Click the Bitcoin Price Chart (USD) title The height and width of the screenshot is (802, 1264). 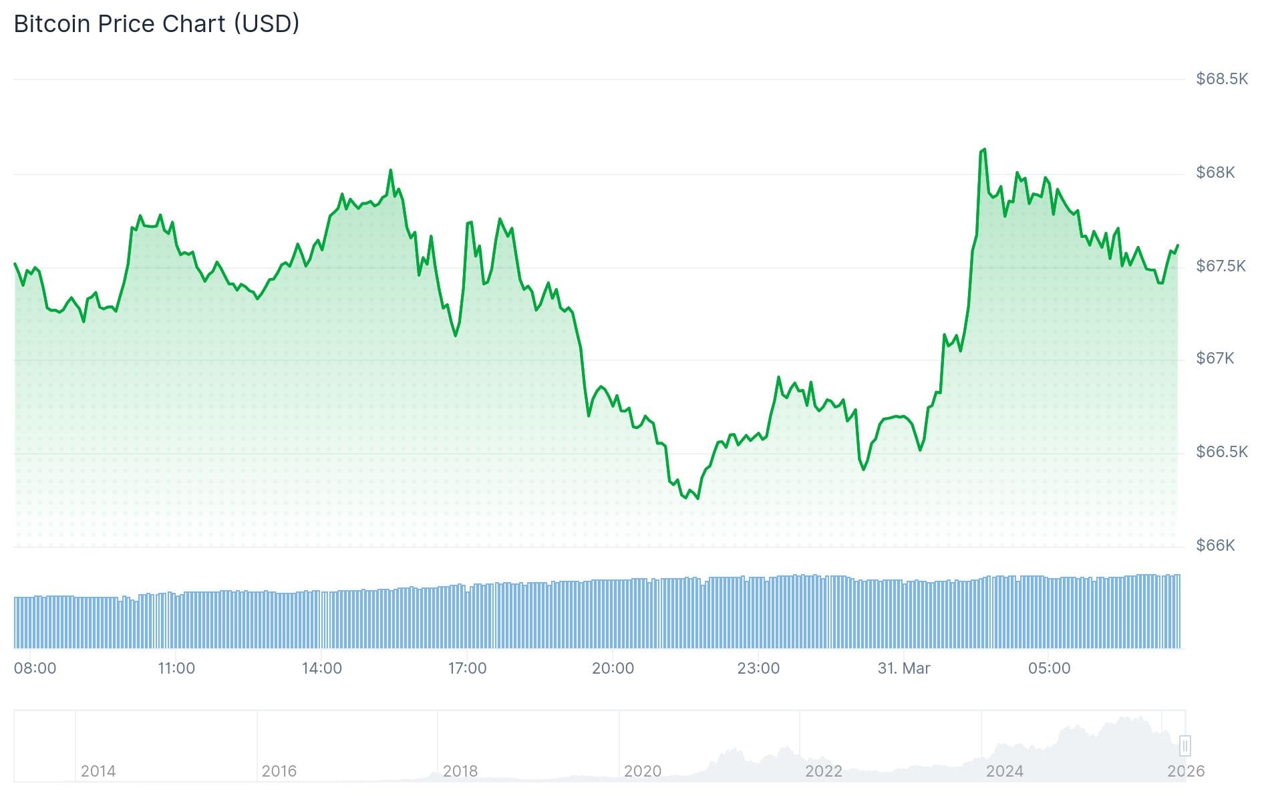click(x=156, y=23)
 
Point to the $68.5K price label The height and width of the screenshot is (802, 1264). click(x=1221, y=79)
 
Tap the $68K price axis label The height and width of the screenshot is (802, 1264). click(x=1215, y=172)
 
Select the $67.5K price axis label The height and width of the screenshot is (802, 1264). click(x=1220, y=266)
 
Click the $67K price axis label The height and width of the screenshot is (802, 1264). click(x=1215, y=358)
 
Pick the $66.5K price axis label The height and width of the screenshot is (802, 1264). click(x=1221, y=452)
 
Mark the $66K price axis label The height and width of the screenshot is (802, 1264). click(x=1215, y=545)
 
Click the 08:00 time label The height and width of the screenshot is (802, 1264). click(x=35, y=668)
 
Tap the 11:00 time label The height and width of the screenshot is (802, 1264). click(x=176, y=668)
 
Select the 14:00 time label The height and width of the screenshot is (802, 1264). click(x=321, y=668)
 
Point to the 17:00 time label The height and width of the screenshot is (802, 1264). click(x=467, y=668)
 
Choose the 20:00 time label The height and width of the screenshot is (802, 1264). click(x=613, y=668)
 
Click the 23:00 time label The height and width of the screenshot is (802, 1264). click(x=758, y=668)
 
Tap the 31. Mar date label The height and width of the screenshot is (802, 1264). click(x=903, y=668)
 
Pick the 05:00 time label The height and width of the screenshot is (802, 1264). click(x=1049, y=668)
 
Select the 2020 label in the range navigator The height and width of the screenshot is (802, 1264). click(x=642, y=771)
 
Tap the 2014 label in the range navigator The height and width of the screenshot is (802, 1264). click(x=98, y=771)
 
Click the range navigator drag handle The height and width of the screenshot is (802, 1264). click(x=1184, y=745)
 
